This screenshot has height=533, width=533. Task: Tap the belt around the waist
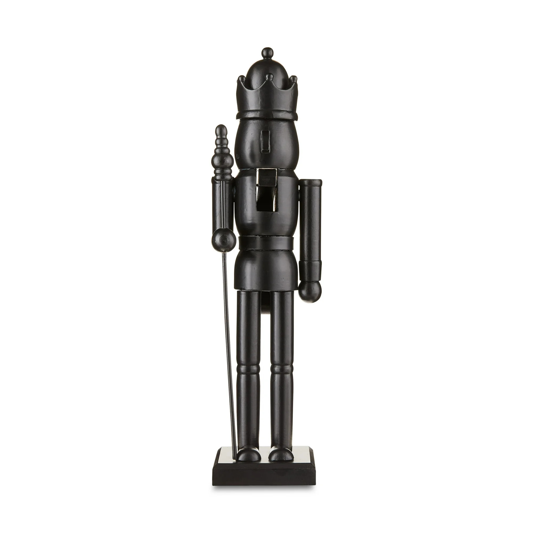click(x=266, y=243)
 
